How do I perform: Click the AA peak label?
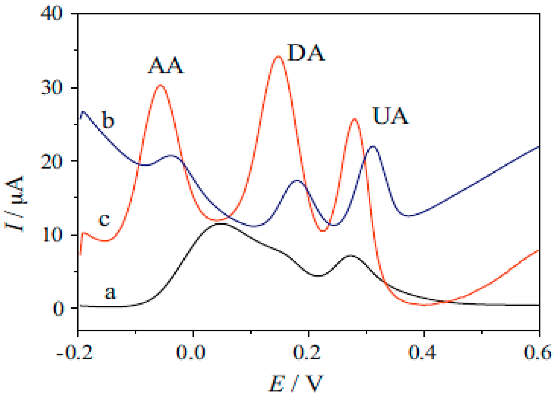coord(165,66)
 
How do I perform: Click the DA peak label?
coord(306,53)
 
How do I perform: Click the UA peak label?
coord(391,116)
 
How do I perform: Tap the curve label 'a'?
coord(110,292)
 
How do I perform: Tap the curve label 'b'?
coord(108,120)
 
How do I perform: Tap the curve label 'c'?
coord(105,219)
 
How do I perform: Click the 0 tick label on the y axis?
coord(58,309)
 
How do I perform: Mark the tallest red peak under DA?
coord(278,56)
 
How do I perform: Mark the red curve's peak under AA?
coord(161,85)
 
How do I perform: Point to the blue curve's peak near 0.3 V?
coord(373,146)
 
